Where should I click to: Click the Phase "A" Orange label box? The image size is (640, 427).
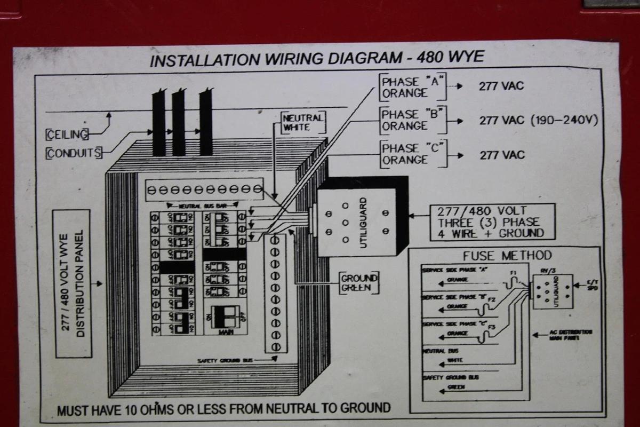[x=412, y=88]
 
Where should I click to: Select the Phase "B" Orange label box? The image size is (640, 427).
[x=412, y=120]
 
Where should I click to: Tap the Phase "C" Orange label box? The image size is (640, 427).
[x=412, y=153]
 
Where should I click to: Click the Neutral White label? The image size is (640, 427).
[x=303, y=123]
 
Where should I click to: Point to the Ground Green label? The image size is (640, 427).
[x=359, y=283]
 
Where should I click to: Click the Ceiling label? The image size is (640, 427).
[x=67, y=133]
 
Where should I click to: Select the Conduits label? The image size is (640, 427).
[x=74, y=153]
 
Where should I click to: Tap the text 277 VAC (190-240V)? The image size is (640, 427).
[x=538, y=120]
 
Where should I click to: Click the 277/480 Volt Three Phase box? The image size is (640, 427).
[x=492, y=222]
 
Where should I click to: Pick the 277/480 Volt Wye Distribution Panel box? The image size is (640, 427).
[x=71, y=283]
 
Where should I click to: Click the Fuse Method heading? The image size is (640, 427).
[x=507, y=256]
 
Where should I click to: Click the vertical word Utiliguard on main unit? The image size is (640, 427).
[x=363, y=222]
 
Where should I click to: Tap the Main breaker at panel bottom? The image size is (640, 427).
[x=223, y=319]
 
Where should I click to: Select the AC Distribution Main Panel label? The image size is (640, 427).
[x=570, y=335]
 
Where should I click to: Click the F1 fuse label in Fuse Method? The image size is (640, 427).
[x=513, y=273]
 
